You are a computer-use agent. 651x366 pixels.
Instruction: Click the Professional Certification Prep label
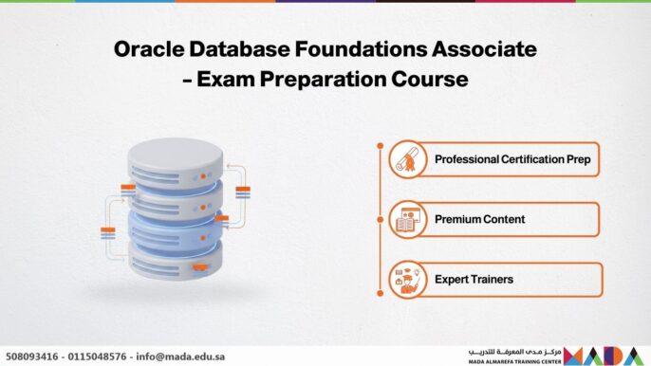512,159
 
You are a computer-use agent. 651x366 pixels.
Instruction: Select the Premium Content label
479,219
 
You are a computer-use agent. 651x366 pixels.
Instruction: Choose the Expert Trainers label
474,280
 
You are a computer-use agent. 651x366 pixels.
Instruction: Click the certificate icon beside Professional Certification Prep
406,159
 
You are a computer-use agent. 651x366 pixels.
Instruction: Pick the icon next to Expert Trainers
406,280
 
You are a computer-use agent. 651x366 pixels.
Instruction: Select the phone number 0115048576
100,357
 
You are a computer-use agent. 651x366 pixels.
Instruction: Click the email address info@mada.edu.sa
182,357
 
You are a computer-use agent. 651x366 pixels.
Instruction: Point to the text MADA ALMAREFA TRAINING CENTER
513,361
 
